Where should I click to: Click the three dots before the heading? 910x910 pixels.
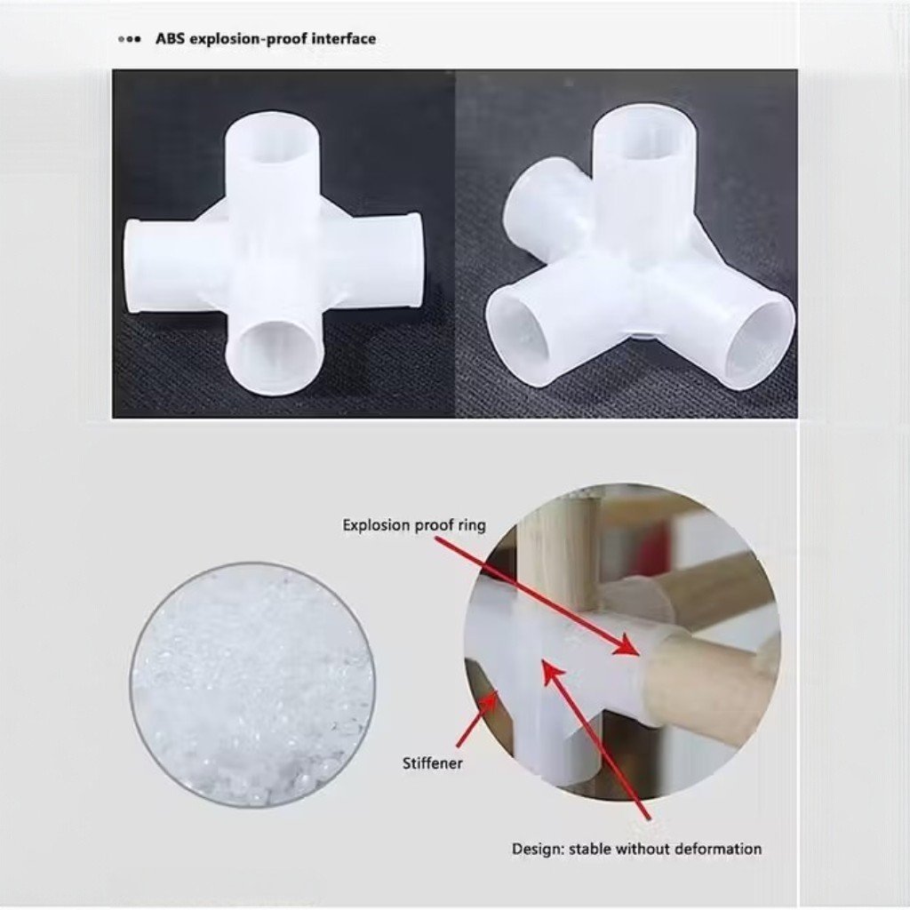[129, 40]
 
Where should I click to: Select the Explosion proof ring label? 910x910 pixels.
[414, 525]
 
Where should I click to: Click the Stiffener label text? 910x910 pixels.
[433, 763]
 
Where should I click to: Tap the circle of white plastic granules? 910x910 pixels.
[251, 685]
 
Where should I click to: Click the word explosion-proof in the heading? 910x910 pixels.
[248, 39]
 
